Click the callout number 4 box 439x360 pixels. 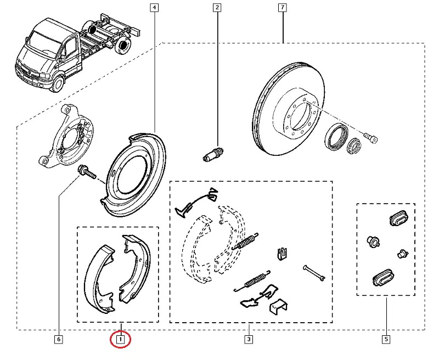pos(154,8)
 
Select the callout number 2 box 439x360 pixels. pos(218,8)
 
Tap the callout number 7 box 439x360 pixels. pos(282,8)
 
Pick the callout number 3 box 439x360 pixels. pos(249,340)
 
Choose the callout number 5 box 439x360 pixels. pos(386,340)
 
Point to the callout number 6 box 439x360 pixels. pos(58,340)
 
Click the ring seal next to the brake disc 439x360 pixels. pos(336,137)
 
